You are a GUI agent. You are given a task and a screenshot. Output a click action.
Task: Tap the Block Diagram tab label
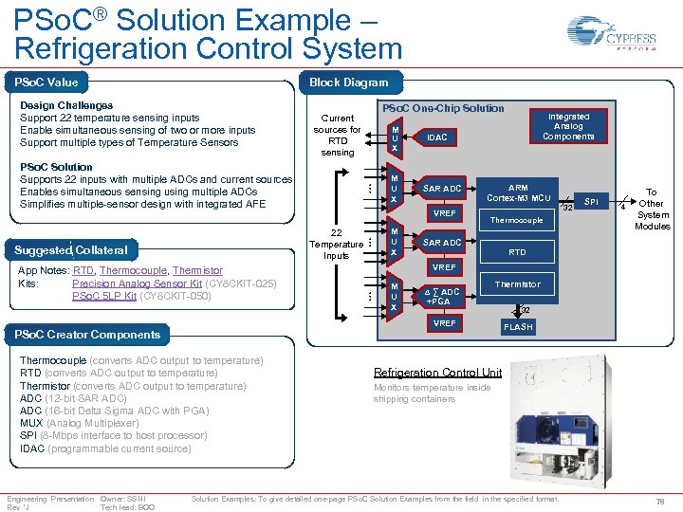[x=348, y=82]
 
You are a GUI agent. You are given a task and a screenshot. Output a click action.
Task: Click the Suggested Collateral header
[x=71, y=250]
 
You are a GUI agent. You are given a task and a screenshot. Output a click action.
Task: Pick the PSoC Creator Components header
[x=86, y=334]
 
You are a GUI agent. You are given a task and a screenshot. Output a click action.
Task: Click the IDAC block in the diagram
[x=436, y=138]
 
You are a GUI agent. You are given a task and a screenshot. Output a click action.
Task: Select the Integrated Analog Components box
[x=568, y=126]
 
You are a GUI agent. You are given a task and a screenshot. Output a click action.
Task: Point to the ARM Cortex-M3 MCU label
[x=518, y=193]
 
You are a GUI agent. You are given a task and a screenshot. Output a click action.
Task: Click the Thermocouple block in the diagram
[x=517, y=220]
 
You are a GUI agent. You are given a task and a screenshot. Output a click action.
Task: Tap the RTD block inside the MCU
[x=517, y=252]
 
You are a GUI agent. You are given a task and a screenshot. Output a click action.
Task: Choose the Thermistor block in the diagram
[x=517, y=284]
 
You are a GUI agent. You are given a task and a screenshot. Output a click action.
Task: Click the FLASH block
[x=518, y=327]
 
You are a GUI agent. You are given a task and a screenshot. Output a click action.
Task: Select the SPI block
[x=591, y=202]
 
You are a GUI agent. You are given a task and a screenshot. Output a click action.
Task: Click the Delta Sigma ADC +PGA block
[x=442, y=297]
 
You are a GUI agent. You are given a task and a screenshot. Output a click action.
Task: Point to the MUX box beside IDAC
[x=394, y=138]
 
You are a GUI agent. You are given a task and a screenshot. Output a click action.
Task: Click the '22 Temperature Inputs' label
[x=336, y=244]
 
